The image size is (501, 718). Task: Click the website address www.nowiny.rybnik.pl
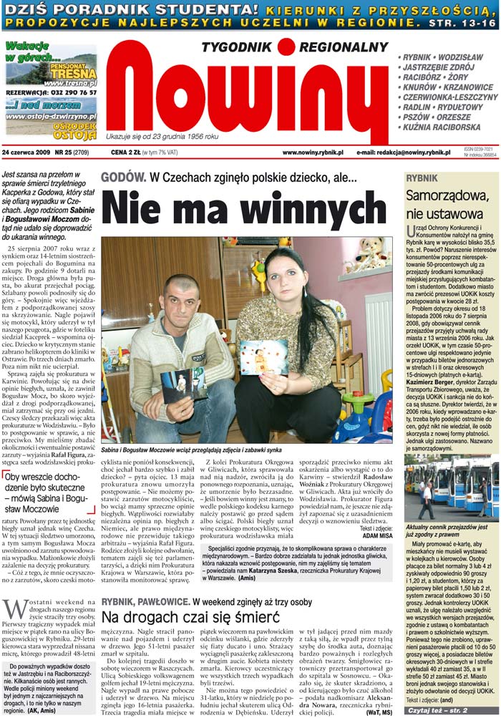[x=313, y=152]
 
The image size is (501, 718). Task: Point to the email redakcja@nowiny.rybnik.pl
[x=404, y=152]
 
